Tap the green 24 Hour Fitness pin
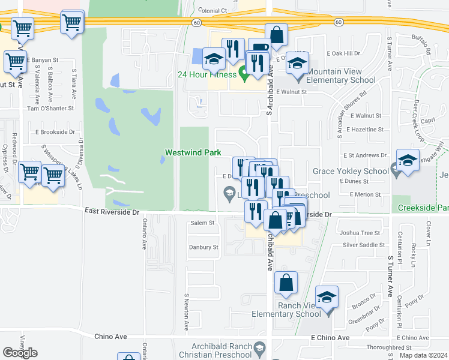click(243, 74)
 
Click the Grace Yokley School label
click(351, 171)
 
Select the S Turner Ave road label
click(390, 275)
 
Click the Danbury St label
click(203, 247)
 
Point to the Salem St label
click(202, 223)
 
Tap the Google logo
click(20, 353)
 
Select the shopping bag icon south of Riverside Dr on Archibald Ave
click(286, 283)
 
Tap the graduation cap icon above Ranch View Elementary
click(327, 298)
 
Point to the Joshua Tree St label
click(360, 233)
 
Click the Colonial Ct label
click(213, 11)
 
